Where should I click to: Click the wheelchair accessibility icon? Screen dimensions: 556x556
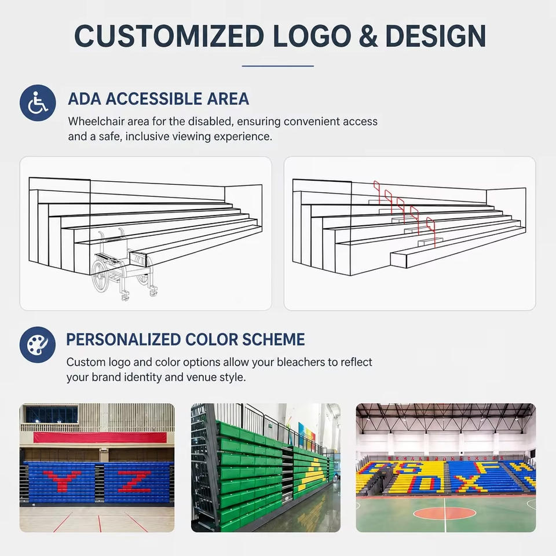[x=38, y=103]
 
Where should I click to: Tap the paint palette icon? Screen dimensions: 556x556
[x=38, y=345]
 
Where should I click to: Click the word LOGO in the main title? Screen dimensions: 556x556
[x=312, y=36]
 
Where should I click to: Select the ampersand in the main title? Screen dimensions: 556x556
[x=368, y=36]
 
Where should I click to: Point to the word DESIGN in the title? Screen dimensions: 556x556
[x=436, y=36]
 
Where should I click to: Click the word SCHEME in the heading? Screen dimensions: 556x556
[x=273, y=339]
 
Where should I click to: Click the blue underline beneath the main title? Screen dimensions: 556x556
[x=278, y=66]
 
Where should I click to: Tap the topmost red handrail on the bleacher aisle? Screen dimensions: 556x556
[x=377, y=192]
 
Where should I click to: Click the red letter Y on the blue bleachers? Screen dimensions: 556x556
[x=62, y=481]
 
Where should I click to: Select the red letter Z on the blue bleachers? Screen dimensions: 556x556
[x=135, y=481]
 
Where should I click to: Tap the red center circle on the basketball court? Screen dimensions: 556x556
[x=444, y=513]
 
